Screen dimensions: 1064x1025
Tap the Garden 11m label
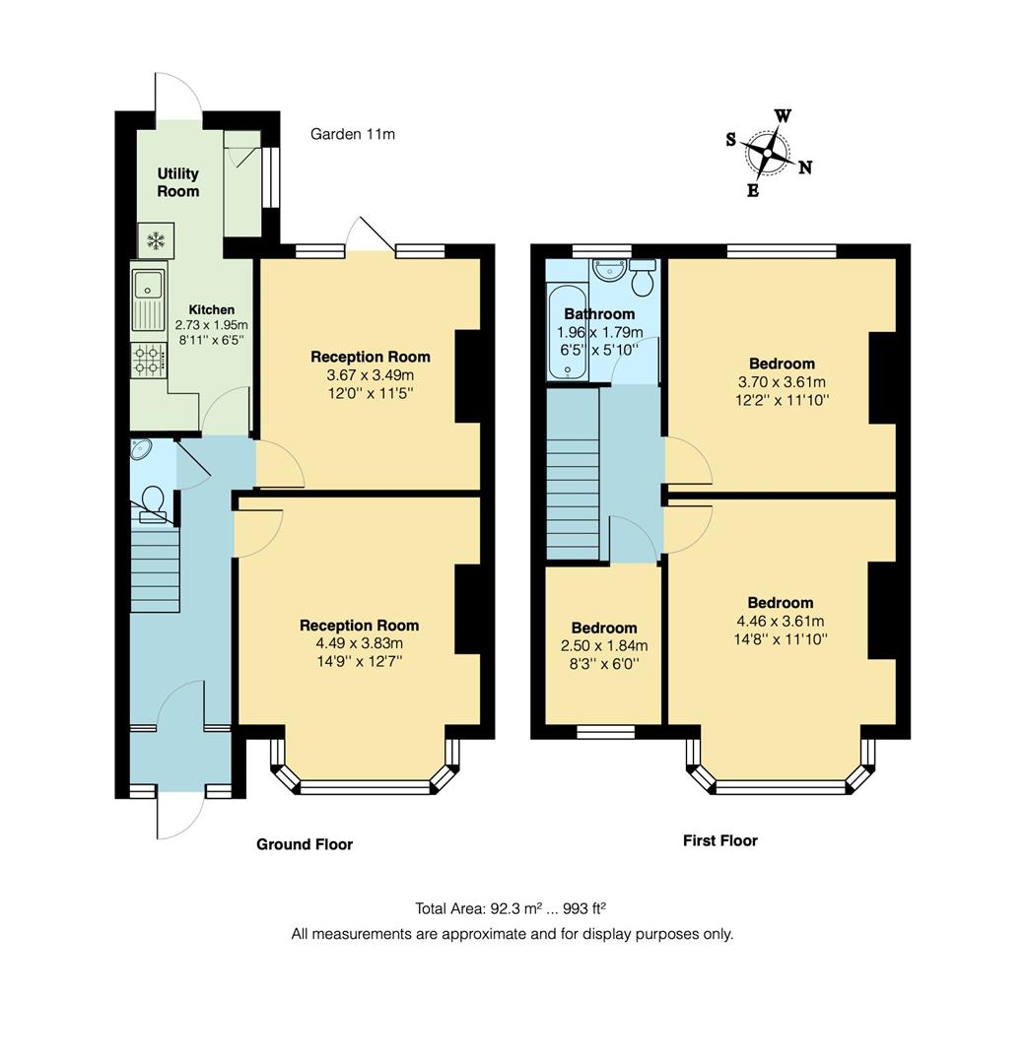pos(352,134)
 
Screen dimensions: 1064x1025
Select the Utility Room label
pos(177,182)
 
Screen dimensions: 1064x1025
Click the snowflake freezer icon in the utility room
pos(156,239)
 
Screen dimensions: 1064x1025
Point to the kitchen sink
pos(150,299)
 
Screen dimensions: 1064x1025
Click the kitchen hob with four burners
pos(149,359)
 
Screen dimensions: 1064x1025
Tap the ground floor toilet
pos(153,499)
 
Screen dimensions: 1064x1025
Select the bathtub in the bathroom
pos(567,333)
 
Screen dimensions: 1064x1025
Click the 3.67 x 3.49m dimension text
pos(370,375)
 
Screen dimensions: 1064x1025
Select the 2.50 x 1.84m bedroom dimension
pos(603,646)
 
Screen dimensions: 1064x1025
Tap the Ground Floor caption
pos(305,844)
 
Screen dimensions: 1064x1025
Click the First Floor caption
pos(719,840)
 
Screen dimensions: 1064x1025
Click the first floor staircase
pos(573,473)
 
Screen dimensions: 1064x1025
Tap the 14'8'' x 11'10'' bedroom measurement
pos(781,638)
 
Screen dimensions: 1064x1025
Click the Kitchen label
pos(211,309)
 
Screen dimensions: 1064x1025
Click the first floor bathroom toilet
pos(643,279)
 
